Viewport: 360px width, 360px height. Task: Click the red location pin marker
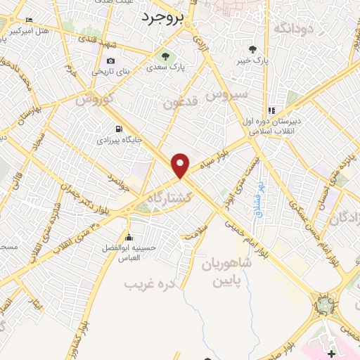coord(181,165)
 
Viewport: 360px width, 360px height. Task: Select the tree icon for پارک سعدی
coord(165,57)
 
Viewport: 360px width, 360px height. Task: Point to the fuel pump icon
coord(118,129)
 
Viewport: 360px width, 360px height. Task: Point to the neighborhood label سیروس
coord(229,92)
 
